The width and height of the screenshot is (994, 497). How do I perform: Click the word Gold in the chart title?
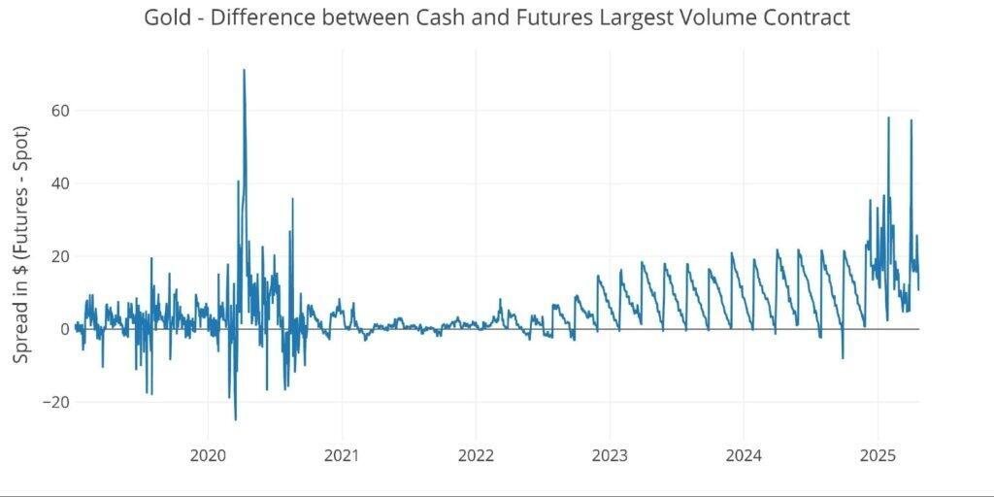point(166,17)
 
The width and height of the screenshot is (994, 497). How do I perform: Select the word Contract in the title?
point(800,17)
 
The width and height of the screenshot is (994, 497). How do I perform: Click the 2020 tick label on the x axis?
point(208,455)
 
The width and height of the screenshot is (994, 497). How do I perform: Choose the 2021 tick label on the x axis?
point(342,455)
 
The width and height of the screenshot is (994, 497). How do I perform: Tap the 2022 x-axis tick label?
point(476,455)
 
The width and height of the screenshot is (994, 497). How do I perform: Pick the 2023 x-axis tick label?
point(610,455)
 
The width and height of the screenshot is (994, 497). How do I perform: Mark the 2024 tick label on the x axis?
point(744,455)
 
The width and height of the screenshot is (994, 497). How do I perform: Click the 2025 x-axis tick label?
point(878,455)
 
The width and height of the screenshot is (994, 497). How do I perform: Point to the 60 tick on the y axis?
point(60,111)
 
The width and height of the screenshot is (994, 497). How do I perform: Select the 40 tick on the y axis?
point(60,183)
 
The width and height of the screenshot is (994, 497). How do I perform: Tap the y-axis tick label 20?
point(60,256)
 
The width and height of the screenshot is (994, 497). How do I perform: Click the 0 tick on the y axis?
point(65,329)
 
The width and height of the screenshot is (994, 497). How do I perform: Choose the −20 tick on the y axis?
point(55,402)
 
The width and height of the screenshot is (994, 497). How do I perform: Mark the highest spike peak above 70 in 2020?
point(244,70)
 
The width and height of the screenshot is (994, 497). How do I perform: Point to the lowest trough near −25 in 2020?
point(235,419)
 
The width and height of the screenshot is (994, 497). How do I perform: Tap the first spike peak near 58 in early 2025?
point(888,117)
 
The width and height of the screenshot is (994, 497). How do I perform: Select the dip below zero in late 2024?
point(843,358)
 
